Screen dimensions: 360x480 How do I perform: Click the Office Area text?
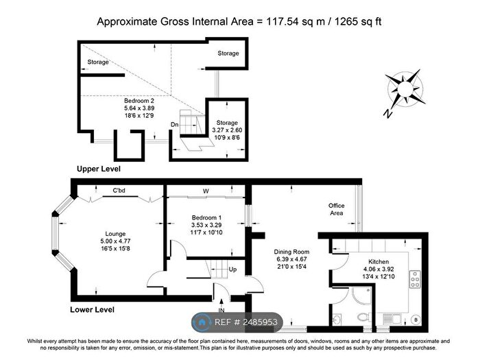pyautogui.click(x=336, y=209)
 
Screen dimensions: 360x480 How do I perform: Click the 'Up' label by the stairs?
pyautogui.click(x=232, y=269)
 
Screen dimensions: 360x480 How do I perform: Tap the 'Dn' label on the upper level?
pyautogui.click(x=175, y=124)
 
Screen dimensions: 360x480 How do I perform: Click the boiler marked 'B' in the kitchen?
pyautogui.click(x=418, y=319)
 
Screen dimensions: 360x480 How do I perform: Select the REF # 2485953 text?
pyautogui.click(x=249, y=321)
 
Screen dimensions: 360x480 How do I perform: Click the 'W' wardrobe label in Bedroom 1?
pyautogui.click(x=206, y=191)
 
